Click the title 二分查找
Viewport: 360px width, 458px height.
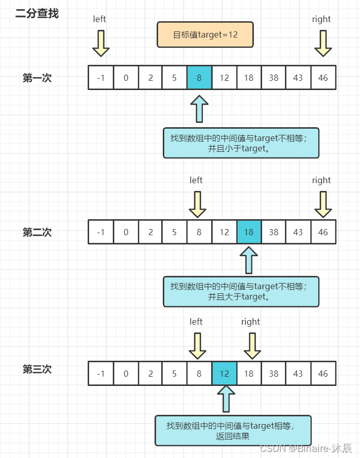[x=37, y=13]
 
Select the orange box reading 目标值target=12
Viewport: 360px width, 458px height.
[x=205, y=34]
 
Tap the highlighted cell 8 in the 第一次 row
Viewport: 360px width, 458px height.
[x=199, y=77]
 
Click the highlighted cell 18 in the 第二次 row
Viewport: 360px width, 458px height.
[x=249, y=232]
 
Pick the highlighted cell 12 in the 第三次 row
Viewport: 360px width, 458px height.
[x=225, y=373]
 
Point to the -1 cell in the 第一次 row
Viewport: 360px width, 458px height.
[x=101, y=77]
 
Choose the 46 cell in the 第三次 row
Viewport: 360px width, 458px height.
[x=323, y=373]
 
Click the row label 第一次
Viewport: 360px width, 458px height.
[x=37, y=78]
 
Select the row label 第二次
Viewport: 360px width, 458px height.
[x=37, y=232]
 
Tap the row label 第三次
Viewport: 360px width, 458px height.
[x=37, y=369]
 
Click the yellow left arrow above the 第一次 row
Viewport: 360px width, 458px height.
[x=101, y=44]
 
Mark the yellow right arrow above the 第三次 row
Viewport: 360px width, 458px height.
[x=252, y=346]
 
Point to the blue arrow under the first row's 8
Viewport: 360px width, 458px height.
[x=199, y=109]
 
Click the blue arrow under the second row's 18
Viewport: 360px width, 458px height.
[x=249, y=260]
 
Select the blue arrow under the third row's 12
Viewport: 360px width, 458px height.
[x=226, y=399]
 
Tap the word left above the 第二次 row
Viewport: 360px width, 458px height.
[x=196, y=180]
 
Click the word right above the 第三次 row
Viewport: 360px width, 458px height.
[x=251, y=322]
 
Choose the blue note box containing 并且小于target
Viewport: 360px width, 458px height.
[x=241, y=143]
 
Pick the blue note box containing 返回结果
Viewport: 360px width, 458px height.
[x=233, y=431]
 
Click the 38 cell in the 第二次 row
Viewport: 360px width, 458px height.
[x=273, y=232]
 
